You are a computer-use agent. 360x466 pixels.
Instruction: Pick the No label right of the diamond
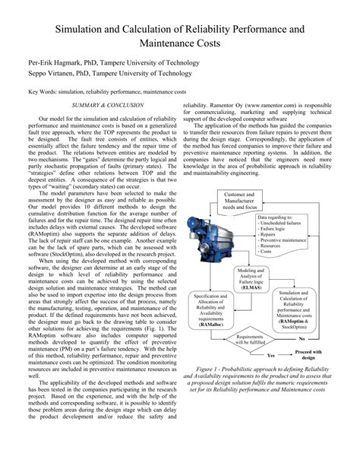click(302, 338)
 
